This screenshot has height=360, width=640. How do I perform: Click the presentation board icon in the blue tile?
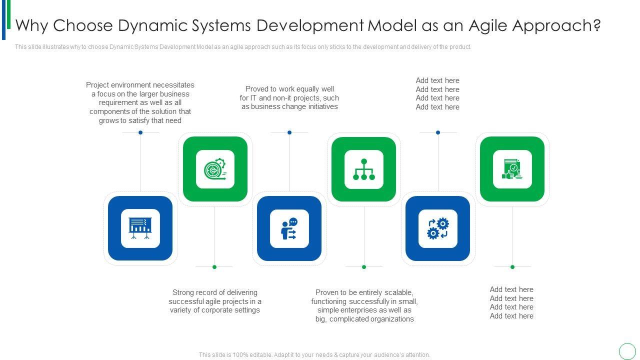click(x=140, y=228)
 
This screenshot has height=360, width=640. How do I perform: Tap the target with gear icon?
click(x=215, y=169)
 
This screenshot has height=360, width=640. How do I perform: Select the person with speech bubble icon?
click(x=289, y=228)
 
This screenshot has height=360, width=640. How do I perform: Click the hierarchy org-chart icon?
click(x=364, y=169)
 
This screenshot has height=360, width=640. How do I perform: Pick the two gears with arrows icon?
click(x=437, y=228)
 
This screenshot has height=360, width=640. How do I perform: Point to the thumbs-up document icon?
click(x=512, y=169)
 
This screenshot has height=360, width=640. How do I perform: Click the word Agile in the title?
click(x=488, y=25)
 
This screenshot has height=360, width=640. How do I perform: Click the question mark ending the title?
click(x=596, y=25)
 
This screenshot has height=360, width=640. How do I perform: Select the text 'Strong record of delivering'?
click(x=215, y=292)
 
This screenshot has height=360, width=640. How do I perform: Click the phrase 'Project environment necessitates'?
click(x=140, y=85)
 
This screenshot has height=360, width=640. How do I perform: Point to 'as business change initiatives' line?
click(x=289, y=106)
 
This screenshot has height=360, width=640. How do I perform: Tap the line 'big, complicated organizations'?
click(x=364, y=319)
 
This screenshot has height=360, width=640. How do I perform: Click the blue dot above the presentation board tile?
click(x=140, y=132)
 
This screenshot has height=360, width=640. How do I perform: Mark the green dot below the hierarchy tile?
click(x=364, y=267)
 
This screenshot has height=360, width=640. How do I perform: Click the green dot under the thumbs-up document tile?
click(x=512, y=267)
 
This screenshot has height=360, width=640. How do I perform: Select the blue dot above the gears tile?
click(x=438, y=132)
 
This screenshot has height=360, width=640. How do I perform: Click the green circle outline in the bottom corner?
click(x=627, y=351)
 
